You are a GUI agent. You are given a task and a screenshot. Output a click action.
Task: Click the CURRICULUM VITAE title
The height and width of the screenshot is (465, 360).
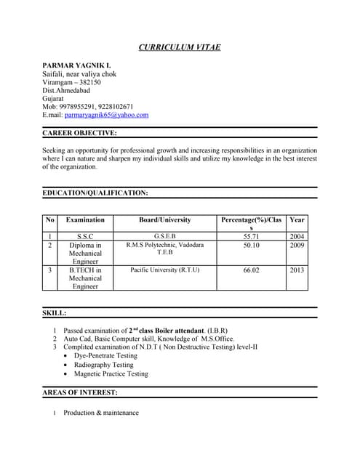(x=180, y=48)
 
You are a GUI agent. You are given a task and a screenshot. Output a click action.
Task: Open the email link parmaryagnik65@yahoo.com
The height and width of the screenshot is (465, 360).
(x=106, y=115)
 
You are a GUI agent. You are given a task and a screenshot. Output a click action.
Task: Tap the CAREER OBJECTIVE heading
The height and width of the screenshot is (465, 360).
(x=79, y=133)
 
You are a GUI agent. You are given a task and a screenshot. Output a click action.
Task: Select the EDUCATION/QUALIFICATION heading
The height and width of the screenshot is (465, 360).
(x=95, y=193)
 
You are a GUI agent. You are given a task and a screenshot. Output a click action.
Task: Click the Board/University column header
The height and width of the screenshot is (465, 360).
(x=164, y=219)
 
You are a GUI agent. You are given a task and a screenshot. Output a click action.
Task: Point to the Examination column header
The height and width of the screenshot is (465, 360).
(x=85, y=219)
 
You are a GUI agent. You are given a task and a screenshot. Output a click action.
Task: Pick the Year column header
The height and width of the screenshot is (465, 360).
(x=297, y=219)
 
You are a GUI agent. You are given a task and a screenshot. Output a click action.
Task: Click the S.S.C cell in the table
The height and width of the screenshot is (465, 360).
(x=85, y=237)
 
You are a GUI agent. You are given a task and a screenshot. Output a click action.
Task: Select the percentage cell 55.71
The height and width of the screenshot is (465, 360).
(x=252, y=237)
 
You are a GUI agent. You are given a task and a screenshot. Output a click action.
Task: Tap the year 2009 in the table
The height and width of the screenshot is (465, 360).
(x=297, y=246)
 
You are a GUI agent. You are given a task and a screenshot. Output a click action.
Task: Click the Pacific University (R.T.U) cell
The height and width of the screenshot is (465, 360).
(x=164, y=270)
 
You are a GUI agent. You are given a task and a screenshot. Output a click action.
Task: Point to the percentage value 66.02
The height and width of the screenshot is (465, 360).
(x=252, y=270)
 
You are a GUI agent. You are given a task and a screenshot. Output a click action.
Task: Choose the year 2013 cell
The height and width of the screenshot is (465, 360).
(x=297, y=270)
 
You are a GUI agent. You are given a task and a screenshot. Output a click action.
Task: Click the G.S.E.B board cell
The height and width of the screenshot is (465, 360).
(x=164, y=237)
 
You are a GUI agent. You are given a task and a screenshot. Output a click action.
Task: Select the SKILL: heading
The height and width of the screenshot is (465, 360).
(x=55, y=313)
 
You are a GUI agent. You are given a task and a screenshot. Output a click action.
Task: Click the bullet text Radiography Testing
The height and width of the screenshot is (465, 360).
(x=103, y=365)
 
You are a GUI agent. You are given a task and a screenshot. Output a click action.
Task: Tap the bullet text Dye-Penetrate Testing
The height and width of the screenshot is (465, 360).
(x=105, y=356)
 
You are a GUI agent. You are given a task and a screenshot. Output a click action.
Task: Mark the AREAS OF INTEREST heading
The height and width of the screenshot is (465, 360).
(x=80, y=393)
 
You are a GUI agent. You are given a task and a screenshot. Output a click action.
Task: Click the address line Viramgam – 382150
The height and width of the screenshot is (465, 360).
(x=71, y=82)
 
